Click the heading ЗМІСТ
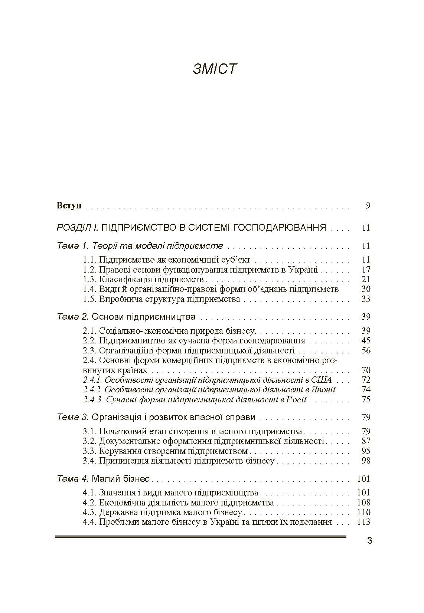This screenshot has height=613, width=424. point(215,69)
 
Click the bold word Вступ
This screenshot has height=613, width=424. point(69,205)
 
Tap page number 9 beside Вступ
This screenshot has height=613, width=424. point(368,205)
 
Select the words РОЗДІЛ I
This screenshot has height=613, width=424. point(77,227)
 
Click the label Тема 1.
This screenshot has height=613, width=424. point(73,246)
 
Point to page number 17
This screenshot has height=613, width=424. point(366,270)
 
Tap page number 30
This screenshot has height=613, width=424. point(366,289)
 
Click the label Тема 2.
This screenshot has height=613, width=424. point(73,317)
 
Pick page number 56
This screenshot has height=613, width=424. point(366,350)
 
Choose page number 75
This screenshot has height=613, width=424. point(366,399)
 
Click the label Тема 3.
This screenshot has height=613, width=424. point(73,417)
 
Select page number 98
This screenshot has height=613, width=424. point(366,461)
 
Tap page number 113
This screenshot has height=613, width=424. point(363,522)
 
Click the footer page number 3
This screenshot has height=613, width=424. point(369,540)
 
